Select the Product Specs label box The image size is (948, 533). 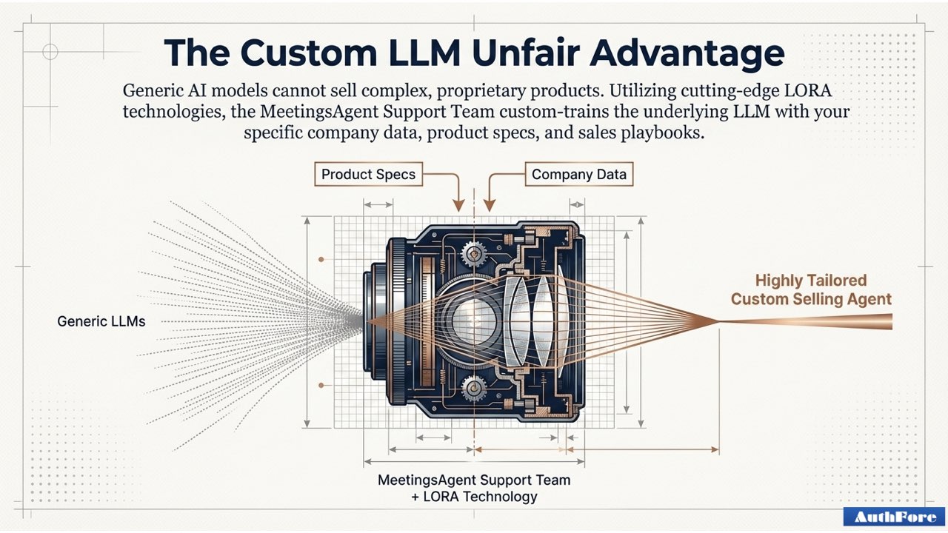tap(368, 175)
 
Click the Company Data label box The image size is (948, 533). tap(578, 175)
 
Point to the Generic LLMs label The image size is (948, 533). tap(101, 322)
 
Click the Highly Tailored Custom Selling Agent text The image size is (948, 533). tap(810, 290)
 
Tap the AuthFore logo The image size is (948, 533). tap(894, 517)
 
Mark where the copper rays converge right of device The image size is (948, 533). tap(717, 321)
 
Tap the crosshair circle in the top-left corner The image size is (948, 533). tap(50, 51)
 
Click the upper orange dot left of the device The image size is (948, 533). tap(321, 260)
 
